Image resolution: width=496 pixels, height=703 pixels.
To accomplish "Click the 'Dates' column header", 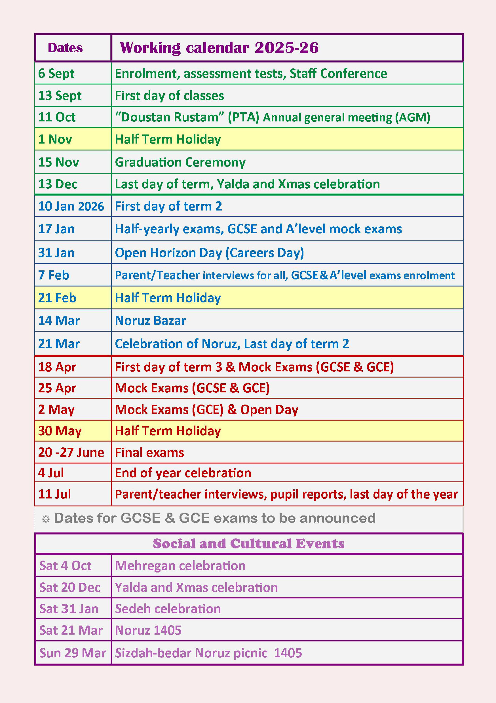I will tap(65, 48).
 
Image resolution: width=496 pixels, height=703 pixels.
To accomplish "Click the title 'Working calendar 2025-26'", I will tap(219, 48).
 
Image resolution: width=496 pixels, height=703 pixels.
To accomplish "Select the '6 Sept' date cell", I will tap(56, 73).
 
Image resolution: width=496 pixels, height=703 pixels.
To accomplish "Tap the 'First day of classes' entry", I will tap(169, 96).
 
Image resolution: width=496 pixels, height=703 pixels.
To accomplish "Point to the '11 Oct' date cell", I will tap(57, 117).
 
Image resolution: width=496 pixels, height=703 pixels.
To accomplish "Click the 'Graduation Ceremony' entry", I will tap(180, 162).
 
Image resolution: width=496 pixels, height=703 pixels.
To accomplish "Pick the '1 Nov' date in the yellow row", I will tap(55, 139).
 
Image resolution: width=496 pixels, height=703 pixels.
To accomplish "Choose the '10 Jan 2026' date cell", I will tap(71, 206).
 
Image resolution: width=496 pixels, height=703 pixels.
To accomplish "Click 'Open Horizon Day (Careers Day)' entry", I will tap(209, 252).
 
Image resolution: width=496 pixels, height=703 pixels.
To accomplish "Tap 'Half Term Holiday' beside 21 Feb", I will tap(168, 298).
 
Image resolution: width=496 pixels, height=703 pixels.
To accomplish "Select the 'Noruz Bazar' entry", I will tap(150, 320).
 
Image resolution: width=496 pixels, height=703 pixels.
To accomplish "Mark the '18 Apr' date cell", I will tap(57, 367).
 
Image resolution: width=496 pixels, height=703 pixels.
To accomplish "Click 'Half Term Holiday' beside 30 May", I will tap(168, 431).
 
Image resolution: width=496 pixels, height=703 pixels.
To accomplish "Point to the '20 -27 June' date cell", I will tap(71, 452).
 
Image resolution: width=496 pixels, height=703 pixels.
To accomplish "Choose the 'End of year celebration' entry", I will tap(183, 473).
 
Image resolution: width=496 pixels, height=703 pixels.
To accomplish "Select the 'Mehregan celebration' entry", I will tap(180, 565).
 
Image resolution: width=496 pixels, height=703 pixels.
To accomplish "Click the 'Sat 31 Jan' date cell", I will tap(69, 609).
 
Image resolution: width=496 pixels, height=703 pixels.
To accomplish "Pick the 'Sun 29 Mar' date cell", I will tap(73, 653).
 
